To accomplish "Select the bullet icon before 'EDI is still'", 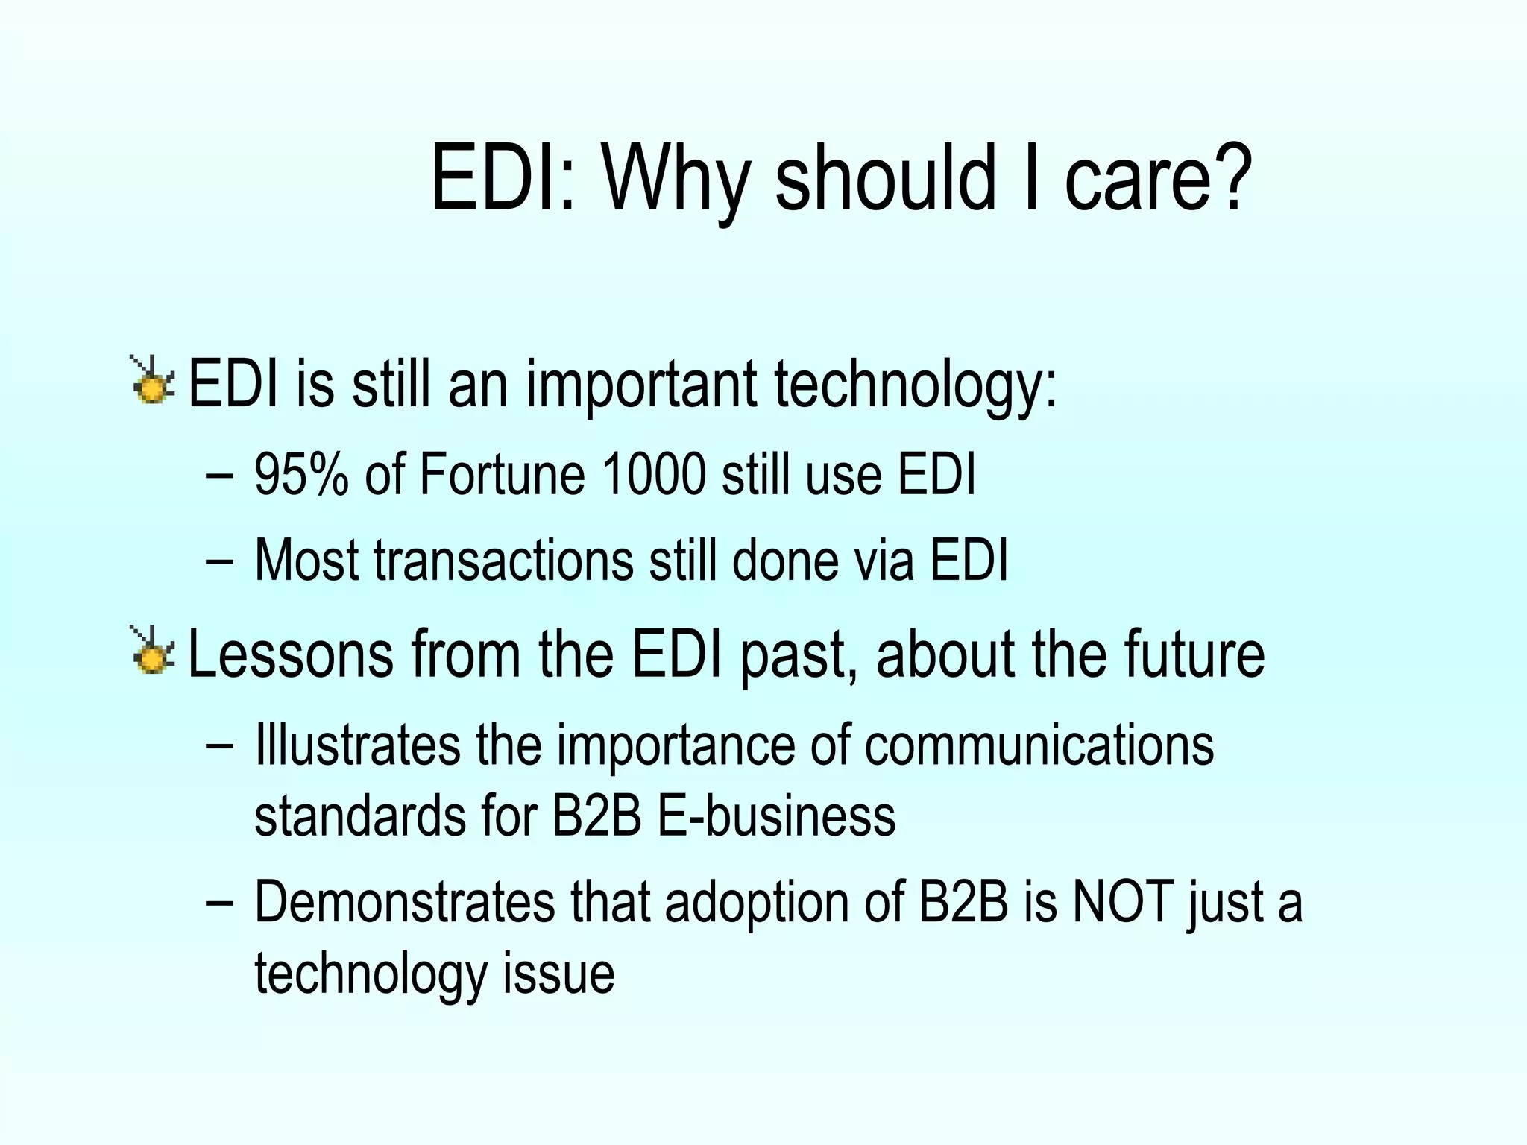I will (153, 381).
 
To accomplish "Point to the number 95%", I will (301, 475).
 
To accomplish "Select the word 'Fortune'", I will (502, 475).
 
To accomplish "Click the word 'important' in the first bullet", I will (642, 385).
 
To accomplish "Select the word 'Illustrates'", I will (358, 745).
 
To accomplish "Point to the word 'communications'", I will (1039, 745).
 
